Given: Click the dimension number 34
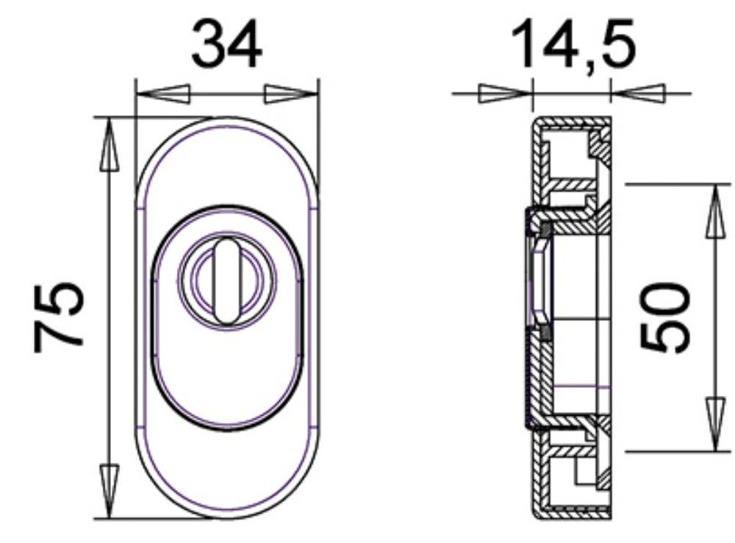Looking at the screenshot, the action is tap(227, 44).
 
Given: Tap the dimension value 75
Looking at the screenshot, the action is tap(59, 317).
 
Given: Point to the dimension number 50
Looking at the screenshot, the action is tap(665, 317).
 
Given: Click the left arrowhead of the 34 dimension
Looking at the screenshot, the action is tap(162, 94).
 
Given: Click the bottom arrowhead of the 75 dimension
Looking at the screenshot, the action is tap(110, 491).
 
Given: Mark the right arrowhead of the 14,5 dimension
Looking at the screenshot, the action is tap(638, 93).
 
